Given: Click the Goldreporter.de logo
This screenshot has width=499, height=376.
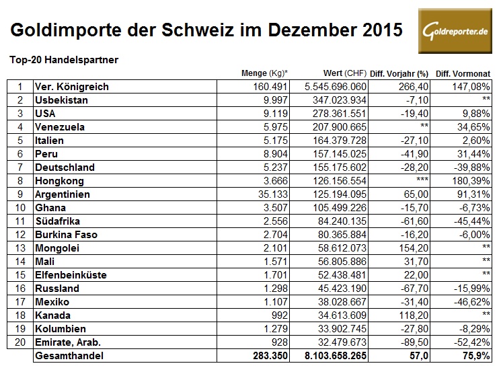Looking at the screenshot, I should [x=454, y=32].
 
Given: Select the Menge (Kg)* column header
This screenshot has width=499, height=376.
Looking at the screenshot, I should [x=265, y=73].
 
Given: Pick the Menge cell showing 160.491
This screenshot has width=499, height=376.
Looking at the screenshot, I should [x=271, y=87].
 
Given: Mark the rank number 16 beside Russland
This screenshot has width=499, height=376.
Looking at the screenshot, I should [x=20, y=288].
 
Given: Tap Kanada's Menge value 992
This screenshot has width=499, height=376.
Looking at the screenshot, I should [x=278, y=315].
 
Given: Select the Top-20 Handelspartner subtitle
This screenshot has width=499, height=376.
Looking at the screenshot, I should [x=64, y=59].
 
